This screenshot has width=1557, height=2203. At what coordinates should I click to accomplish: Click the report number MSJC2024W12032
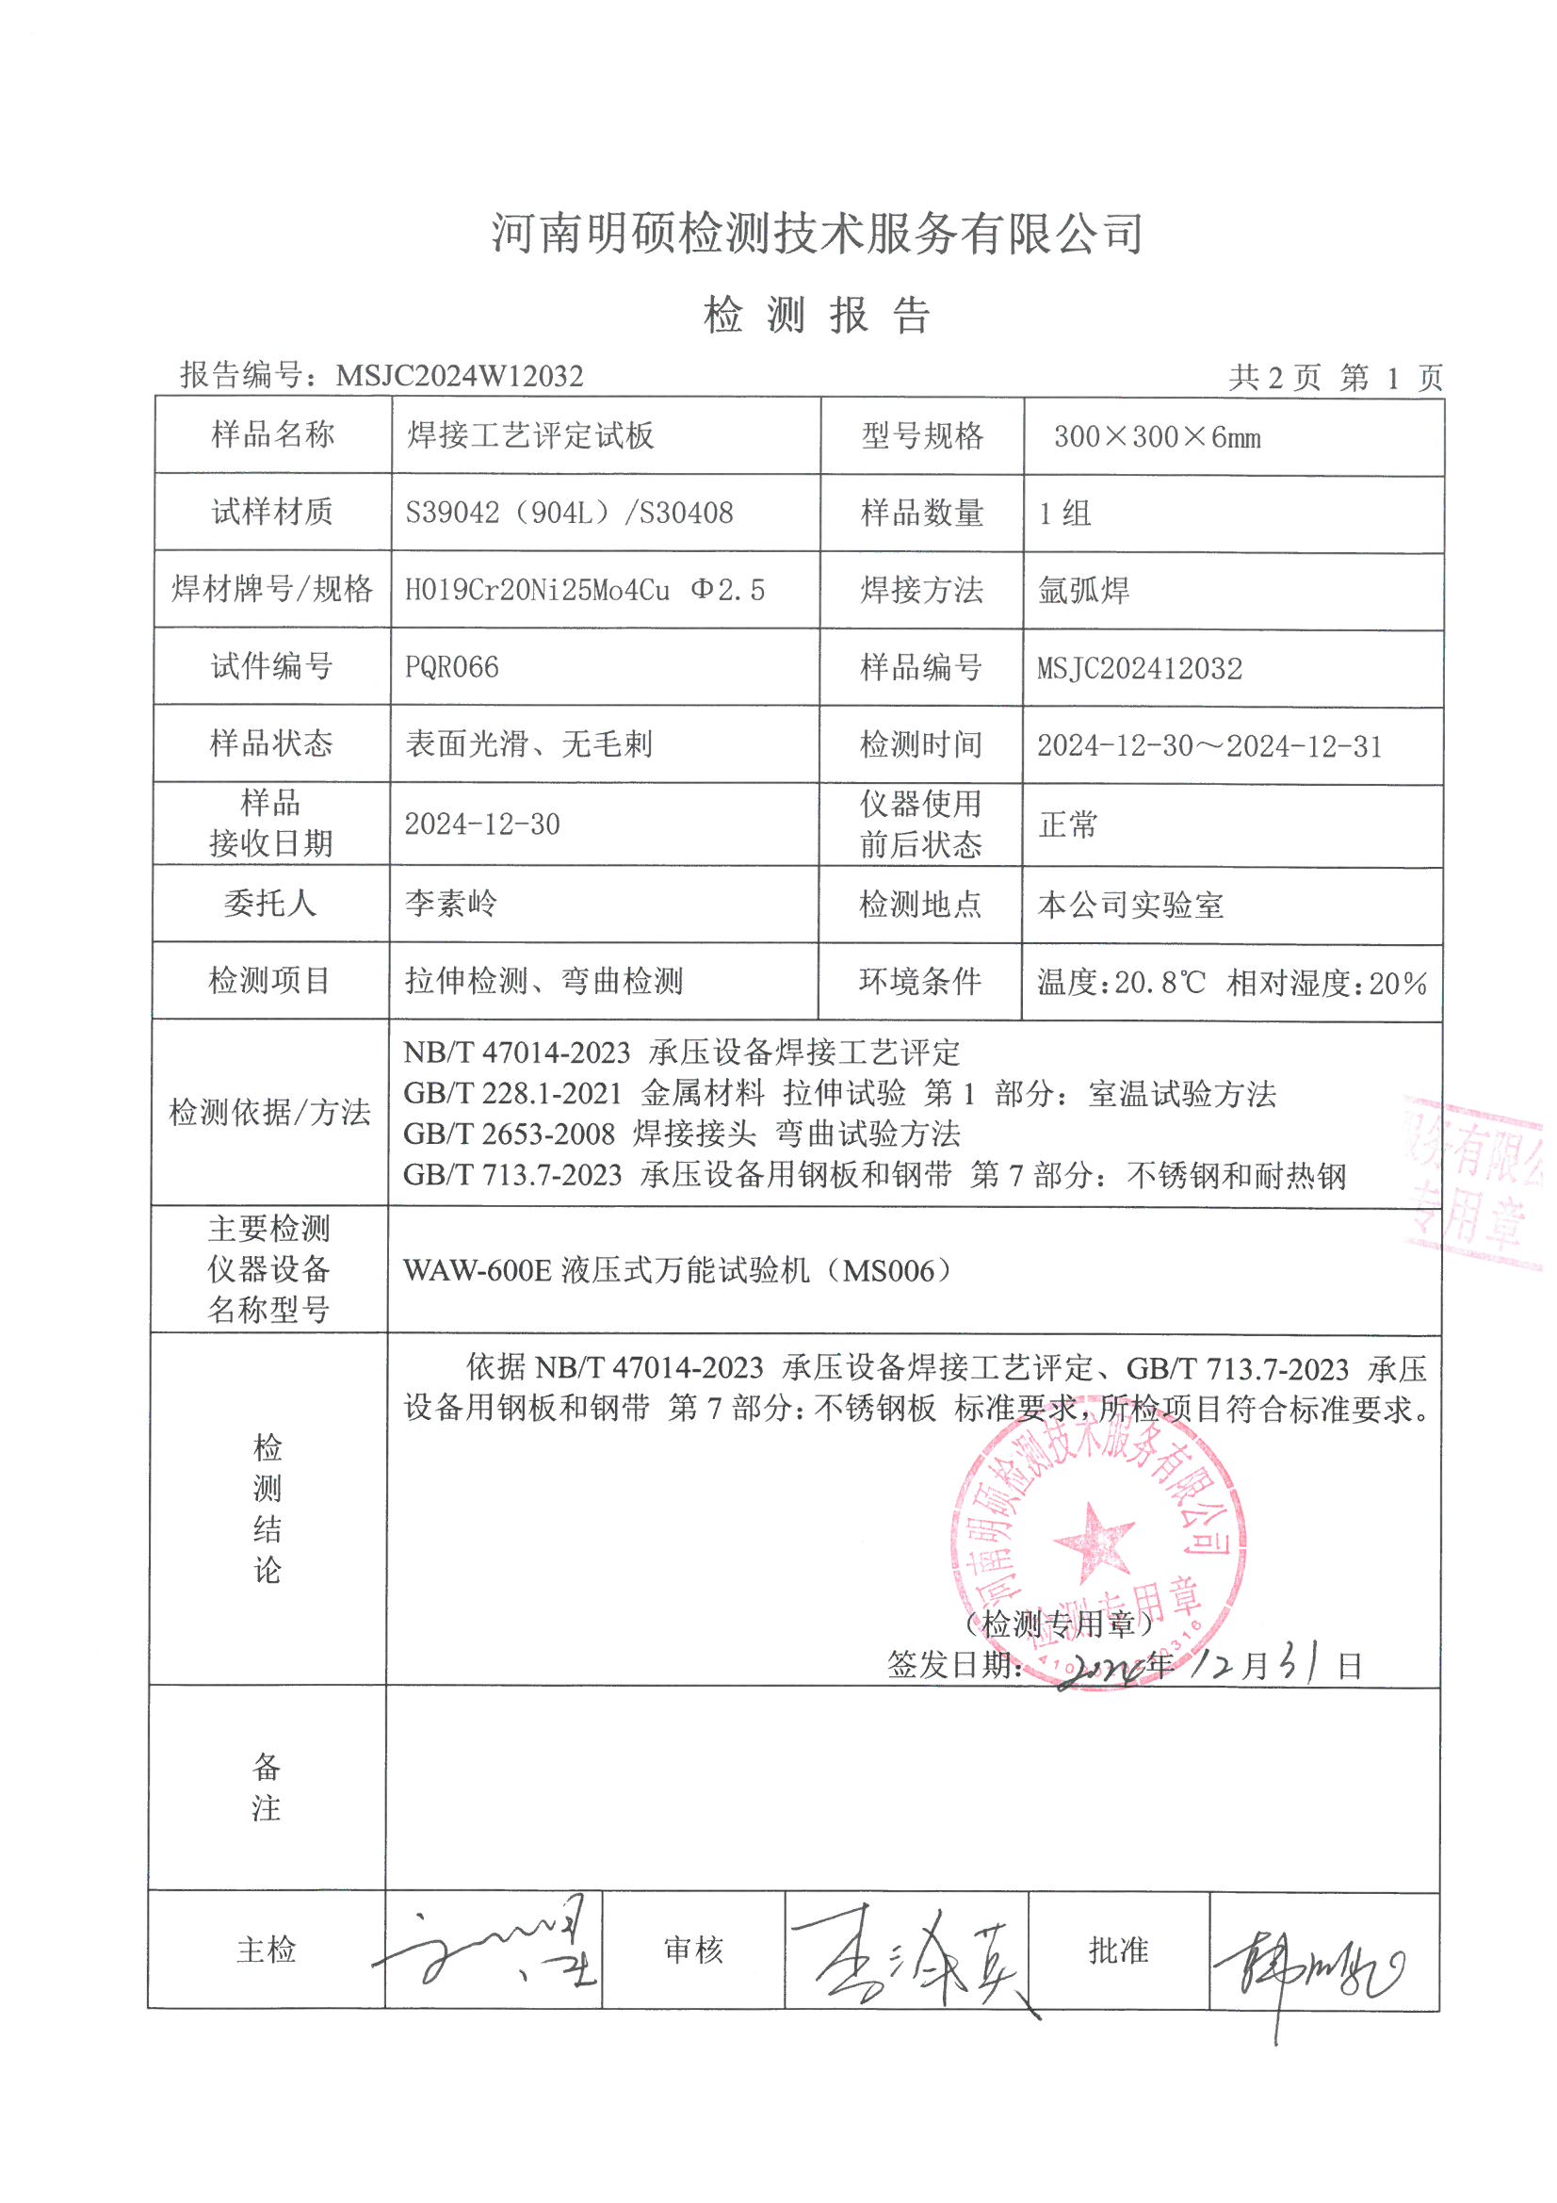point(459,375)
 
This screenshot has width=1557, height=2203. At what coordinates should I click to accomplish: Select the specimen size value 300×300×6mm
point(1156,437)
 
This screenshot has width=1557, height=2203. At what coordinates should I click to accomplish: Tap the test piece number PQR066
point(452,667)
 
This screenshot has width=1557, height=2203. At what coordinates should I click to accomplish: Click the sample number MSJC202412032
point(1139,668)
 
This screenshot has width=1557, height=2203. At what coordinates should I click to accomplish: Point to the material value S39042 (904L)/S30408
point(569,513)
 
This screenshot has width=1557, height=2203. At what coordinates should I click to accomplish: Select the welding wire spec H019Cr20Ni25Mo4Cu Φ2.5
point(584,590)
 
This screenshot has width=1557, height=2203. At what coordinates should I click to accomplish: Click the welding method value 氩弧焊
point(1083,590)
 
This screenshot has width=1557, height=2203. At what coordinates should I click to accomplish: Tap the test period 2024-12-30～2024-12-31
point(1208,745)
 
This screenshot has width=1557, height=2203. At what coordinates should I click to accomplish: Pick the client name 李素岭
point(451,903)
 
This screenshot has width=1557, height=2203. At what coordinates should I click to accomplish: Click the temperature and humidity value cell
point(1232,983)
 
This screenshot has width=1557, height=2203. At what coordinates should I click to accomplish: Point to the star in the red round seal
point(1093,1540)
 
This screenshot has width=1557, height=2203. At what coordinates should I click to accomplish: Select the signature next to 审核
point(910,1957)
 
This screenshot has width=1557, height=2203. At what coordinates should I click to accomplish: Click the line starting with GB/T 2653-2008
point(681,1134)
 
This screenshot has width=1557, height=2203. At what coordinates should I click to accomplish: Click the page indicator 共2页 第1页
point(1336,377)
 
